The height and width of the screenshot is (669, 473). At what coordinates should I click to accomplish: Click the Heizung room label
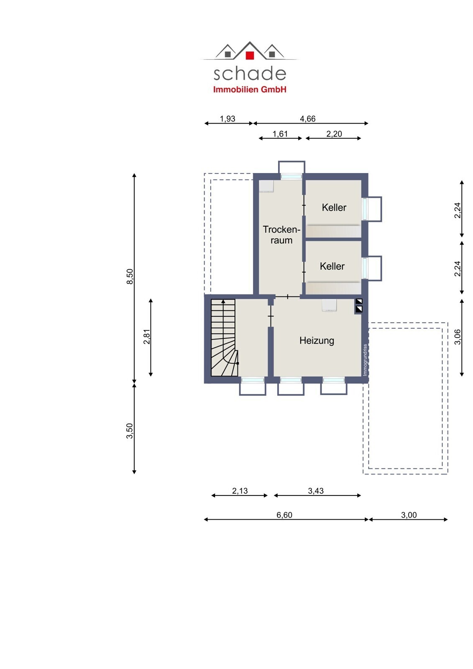pos(317,340)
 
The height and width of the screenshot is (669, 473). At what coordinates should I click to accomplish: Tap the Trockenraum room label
pos(281,235)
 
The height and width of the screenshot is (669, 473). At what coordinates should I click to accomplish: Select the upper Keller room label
pos(334,207)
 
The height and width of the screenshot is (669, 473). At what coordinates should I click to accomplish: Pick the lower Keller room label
pos(332,266)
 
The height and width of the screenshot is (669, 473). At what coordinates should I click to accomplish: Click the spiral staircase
pos(225,337)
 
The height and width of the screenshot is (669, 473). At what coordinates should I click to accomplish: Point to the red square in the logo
pos(250,55)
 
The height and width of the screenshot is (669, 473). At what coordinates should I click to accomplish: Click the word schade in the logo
pos(250,74)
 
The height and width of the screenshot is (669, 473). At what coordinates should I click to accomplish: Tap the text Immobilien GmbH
pos(250,89)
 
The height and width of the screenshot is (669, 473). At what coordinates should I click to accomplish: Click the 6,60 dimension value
pos(284,515)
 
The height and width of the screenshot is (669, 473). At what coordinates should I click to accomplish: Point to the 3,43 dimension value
pos(315,491)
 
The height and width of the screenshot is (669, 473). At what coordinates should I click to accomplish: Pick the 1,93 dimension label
pos(228,119)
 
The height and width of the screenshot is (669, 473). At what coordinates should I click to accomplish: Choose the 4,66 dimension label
pos(307,119)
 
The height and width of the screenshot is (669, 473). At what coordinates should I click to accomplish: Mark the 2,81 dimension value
pos(147,337)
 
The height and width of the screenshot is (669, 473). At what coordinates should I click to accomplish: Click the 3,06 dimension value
pos(458,337)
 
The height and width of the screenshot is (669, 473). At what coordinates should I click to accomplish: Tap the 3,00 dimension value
pos(409,515)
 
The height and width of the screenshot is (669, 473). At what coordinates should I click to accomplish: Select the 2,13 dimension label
pos(240,491)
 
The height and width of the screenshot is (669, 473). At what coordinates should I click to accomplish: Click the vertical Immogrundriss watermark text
pos(365,360)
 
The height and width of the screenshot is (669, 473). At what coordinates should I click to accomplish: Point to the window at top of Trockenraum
pos(291,176)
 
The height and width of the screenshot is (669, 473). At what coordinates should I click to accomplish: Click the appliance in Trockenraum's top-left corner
pos(266,186)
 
